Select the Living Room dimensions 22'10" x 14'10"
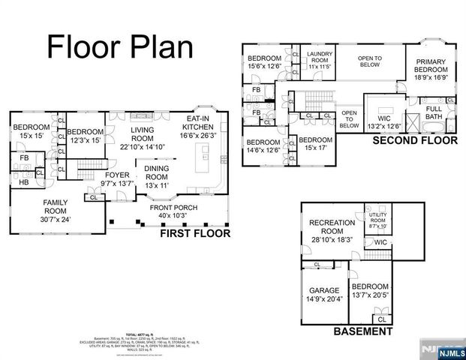pyautogui.click(x=142, y=146)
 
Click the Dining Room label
pyautogui.click(x=156, y=174)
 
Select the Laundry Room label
pyautogui.click(x=320, y=60)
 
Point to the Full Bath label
pyautogui.click(x=434, y=112)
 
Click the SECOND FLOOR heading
pyautogui.click(x=415, y=140)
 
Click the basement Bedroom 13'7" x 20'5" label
pyautogui.click(x=371, y=291)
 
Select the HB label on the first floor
pyautogui.click(x=24, y=182)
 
